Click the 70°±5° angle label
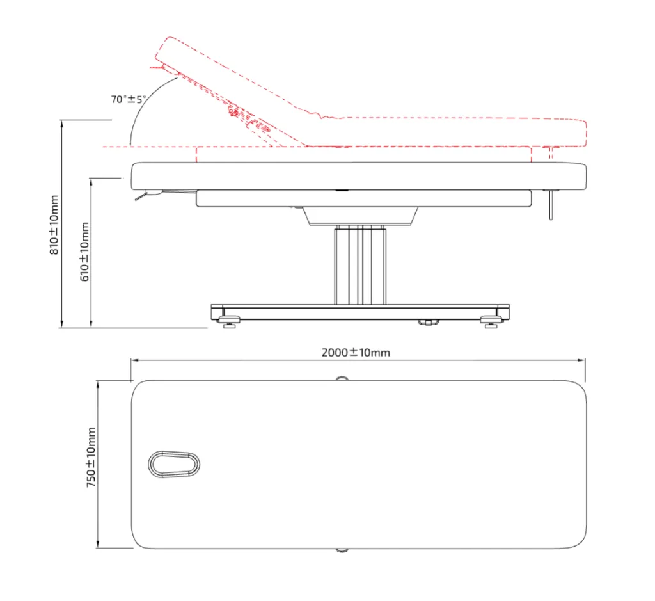(x=128, y=99)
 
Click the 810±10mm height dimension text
(x=54, y=225)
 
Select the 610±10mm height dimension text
(x=84, y=252)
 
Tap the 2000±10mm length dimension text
(x=356, y=352)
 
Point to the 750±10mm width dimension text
(x=91, y=457)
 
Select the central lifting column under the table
(x=360, y=265)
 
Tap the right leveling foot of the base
(x=491, y=321)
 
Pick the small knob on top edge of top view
(x=342, y=378)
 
